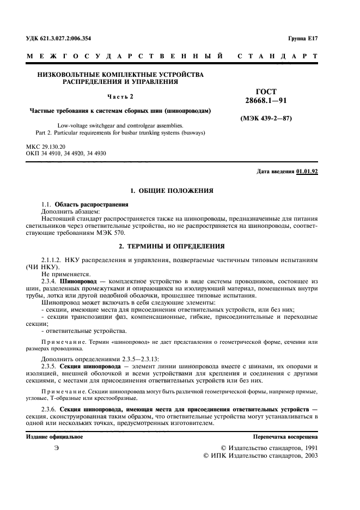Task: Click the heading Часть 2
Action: pos(120,96)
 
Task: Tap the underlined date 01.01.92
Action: pos(307,171)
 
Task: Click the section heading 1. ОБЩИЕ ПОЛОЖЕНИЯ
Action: pos(172,191)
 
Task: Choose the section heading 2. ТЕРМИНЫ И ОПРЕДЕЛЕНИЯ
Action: pos(172,246)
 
